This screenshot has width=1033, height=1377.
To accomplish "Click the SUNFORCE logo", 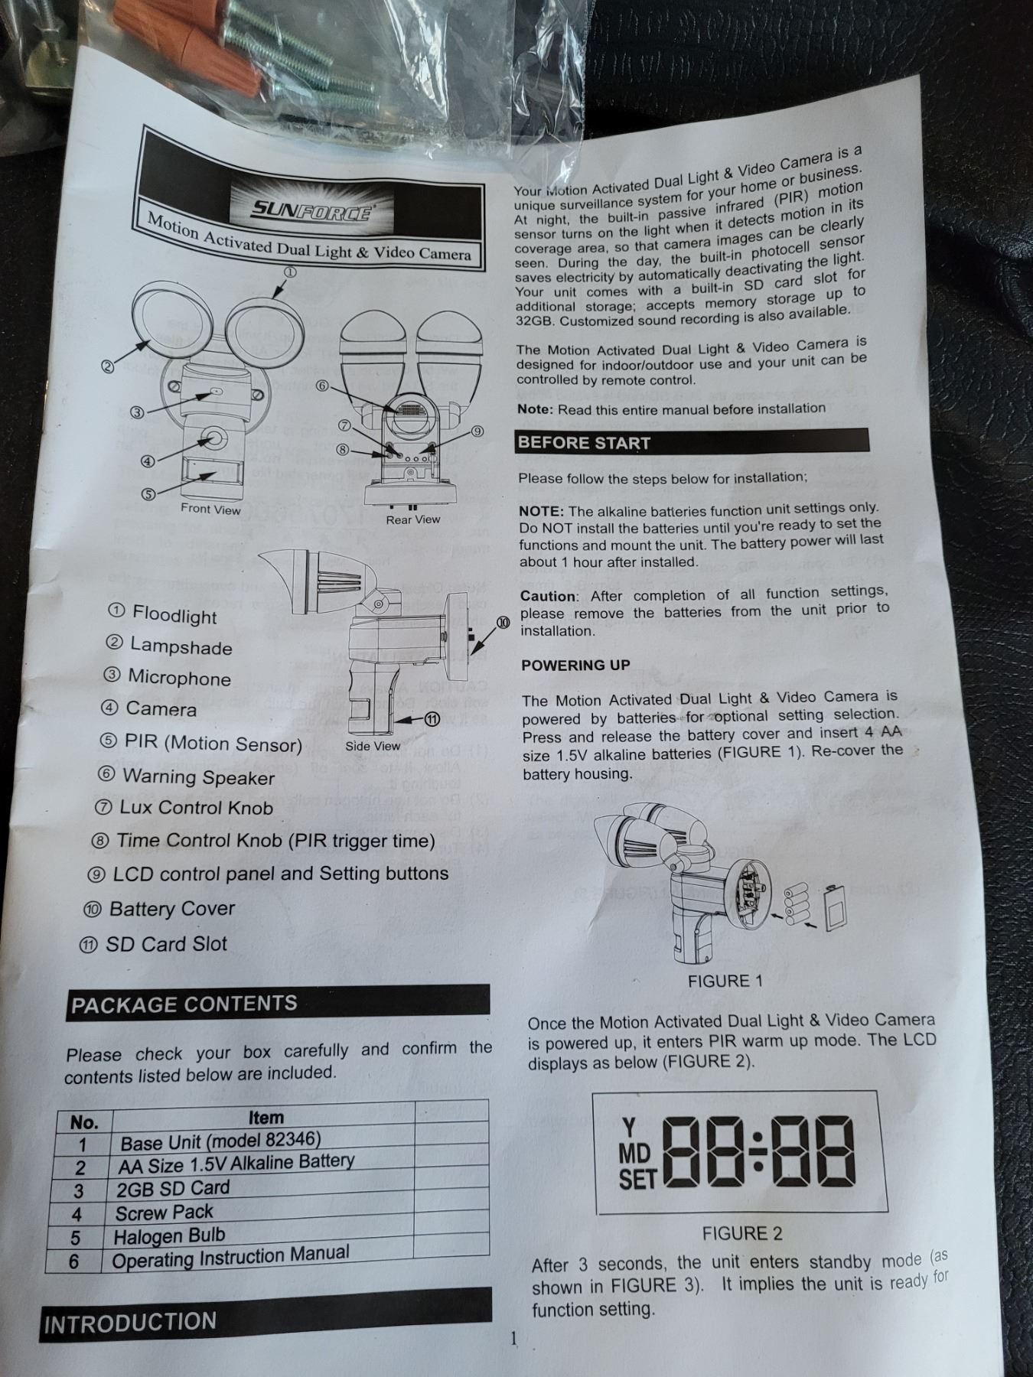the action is (x=312, y=208).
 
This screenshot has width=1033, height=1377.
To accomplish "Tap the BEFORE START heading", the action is (x=584, y=443).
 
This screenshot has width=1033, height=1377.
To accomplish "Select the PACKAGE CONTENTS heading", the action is (x=184, y=1004).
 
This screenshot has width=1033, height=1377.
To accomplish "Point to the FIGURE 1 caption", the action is (x=725, y=981).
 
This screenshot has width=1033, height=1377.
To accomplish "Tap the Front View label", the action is (x=210, y=509).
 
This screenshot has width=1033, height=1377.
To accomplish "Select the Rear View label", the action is (x=413, y=519).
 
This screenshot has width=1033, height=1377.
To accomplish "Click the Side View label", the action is (x=373, y=746).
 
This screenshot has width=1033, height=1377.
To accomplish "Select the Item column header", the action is (x=266, y=1118).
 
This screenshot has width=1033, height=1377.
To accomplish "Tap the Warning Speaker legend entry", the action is (x=186, y=776).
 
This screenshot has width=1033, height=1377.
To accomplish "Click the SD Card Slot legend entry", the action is (x=153, y=944).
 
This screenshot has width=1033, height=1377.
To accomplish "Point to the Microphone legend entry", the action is (x=167, y=677).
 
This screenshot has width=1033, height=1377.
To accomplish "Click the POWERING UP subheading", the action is (x=575, y=665).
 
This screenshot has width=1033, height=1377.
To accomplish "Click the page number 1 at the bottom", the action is (x=514, y=1338).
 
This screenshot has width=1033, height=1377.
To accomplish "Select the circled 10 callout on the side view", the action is (x=503, y=623).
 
